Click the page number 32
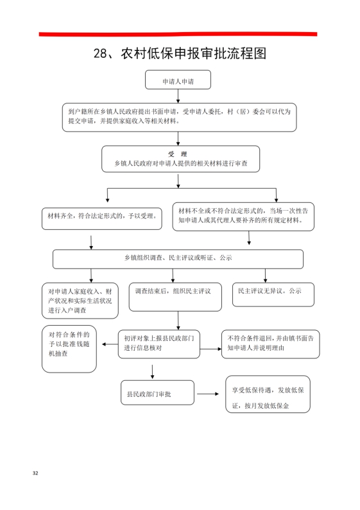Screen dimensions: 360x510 coord(35,473)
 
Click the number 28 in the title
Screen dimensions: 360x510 coord(100,53)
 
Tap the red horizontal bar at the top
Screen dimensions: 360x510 coord(178,34)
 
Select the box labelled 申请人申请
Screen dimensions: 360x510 coord(178,80)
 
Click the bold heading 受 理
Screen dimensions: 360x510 coord(177,154)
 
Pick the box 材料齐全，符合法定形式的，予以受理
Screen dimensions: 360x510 coord(101,218)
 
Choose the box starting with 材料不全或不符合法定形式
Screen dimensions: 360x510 coord(243,216)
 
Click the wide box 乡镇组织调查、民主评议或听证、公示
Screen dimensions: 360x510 coord(178,259)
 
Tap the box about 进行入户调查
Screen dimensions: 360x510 coord(80,301)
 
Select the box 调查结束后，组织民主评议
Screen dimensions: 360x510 coord(175,297)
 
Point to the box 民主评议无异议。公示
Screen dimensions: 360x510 coord(273,295)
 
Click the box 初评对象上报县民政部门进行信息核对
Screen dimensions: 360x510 coord(159,344)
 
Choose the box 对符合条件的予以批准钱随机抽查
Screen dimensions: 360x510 coord(69,349)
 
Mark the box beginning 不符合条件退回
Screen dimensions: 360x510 coord(271,344)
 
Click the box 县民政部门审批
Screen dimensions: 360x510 coord(158,392)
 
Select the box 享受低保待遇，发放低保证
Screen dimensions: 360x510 coord(268,394)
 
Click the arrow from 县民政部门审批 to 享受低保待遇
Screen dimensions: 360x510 coord(208,394)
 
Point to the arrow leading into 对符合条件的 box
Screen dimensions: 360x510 coord(110,344)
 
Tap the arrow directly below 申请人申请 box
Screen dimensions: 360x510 coord(178,96)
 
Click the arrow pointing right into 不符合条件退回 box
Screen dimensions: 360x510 coord(210,349)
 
